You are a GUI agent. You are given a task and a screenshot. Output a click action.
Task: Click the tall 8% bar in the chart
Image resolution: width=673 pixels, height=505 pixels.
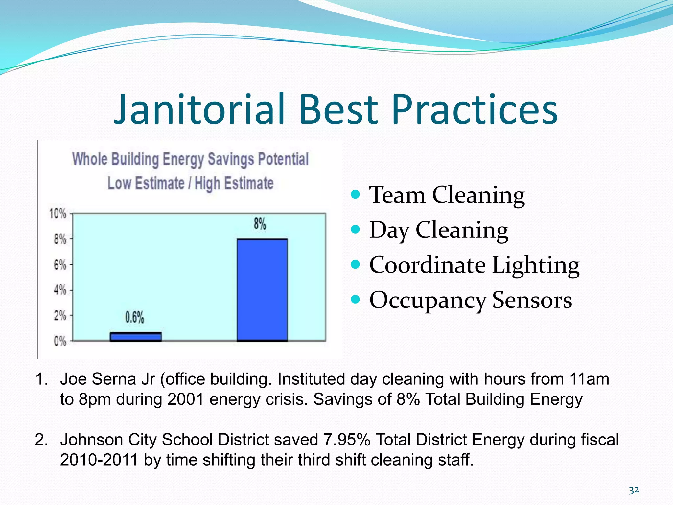pyautogui.click(x=262, y=290)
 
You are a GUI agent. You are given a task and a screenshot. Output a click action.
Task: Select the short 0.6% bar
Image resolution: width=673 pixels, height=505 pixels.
pyautogui.click(x=135, y=337)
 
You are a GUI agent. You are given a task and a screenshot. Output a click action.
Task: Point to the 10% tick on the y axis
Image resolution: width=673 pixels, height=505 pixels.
pyautogui.click(x=58, y=214)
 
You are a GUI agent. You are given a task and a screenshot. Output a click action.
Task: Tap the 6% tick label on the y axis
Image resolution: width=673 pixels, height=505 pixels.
pyautogui.click(x=60, y=265)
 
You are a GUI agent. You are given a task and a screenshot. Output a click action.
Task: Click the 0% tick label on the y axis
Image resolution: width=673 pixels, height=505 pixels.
pyautogui.click(x=60, y=341)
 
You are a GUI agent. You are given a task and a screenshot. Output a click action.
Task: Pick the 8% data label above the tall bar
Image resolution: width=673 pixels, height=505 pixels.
pyautogui.click(x=260, y=224)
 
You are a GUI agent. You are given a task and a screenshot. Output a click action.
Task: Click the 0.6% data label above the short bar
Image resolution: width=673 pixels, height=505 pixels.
pyautogui.click(x=134, y=317)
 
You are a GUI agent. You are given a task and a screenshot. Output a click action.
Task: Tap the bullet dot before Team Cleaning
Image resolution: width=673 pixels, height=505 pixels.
pyautogui.click(x=355, y=194)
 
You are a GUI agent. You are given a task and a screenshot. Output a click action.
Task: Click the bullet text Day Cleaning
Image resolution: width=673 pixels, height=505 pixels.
pyautogui.click(x=439, y=230)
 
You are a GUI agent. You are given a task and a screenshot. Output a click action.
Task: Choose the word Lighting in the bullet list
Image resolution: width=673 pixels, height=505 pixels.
pyautogui.click(x=535, y=265)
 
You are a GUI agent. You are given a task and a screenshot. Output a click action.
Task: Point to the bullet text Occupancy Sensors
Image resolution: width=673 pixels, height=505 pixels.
pyautogui.click(x=470, y=300)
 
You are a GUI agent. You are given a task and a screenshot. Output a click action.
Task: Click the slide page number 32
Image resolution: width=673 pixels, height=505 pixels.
pyautogui.click(x=634, y=490)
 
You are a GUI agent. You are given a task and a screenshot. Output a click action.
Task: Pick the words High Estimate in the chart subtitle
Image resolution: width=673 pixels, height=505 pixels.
pyautogui.click(x=234, y=183)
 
